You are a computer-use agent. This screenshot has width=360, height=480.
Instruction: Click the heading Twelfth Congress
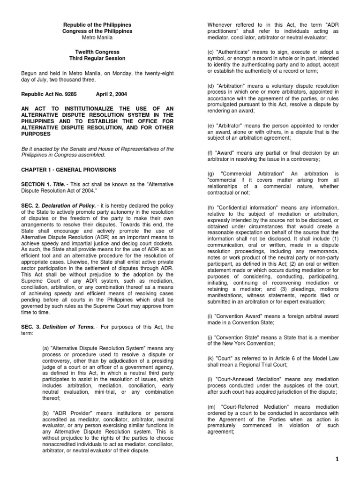coord(97,52)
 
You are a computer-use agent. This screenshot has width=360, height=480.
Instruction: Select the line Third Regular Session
coord(97,59)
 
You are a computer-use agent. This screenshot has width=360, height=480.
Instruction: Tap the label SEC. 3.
coord(30,327)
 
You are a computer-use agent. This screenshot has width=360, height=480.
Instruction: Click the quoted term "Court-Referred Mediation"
coord(247,407)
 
